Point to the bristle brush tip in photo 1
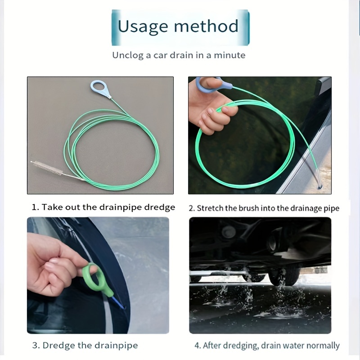click(x=47, y=169)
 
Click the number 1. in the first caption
click(x=36, y=207)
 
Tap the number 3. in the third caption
click(x=36, y=346)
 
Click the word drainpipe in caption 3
click(x=115, y=346)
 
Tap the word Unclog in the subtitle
click(x=128, y=55)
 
